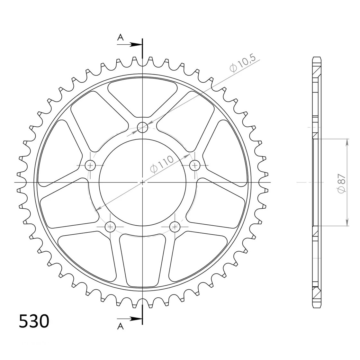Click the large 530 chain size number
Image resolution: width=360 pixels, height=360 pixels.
[x=34, y=321]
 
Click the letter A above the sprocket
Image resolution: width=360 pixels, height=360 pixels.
[x=120, y=37]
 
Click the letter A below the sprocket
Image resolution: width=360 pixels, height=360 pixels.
[x=120, y=326]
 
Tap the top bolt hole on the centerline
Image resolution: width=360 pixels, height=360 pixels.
[x=142, y=127]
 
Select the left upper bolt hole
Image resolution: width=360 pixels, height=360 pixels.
[x=90, y=165]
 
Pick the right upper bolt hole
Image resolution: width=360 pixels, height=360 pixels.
[x=195, y=165]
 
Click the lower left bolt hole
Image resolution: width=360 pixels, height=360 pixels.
[x=110, y=227]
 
